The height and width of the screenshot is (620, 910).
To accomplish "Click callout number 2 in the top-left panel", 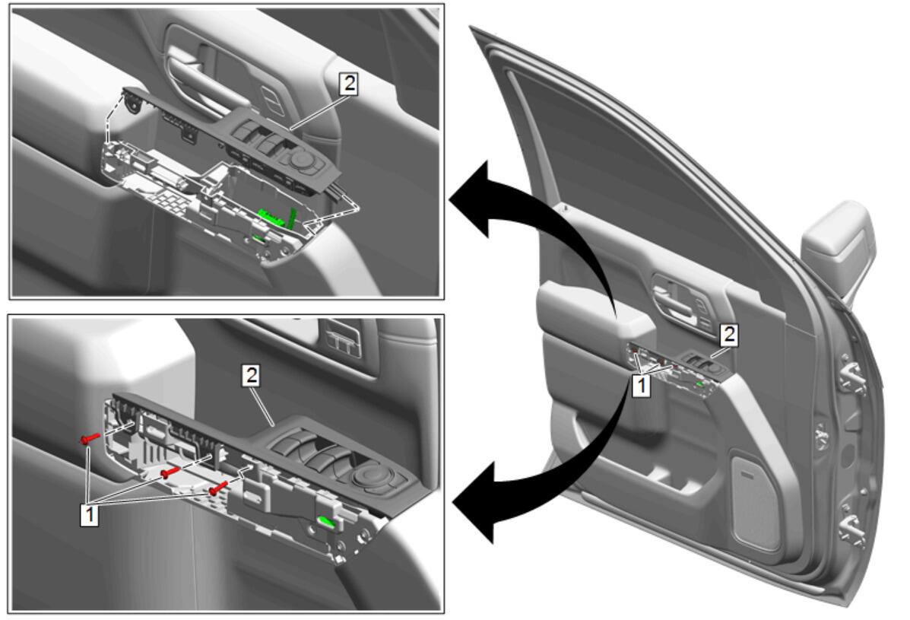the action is [348, 84].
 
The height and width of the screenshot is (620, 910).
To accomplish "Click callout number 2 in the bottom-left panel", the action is [251, 376].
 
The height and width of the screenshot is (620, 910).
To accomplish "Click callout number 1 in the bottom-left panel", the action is [90, 514].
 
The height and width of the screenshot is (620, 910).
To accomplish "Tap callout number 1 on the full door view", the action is [642, 386].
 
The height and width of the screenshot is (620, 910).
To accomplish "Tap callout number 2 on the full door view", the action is [729, 335].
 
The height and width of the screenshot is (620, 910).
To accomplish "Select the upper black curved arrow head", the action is [471, 200].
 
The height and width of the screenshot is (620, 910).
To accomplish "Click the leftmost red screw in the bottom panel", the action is [90, 438].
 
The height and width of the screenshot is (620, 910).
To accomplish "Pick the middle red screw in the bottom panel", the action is [171, 472].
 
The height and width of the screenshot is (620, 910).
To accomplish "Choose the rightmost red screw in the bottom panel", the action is [218, 488].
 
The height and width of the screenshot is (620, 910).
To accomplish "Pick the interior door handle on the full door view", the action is [679, 300].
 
